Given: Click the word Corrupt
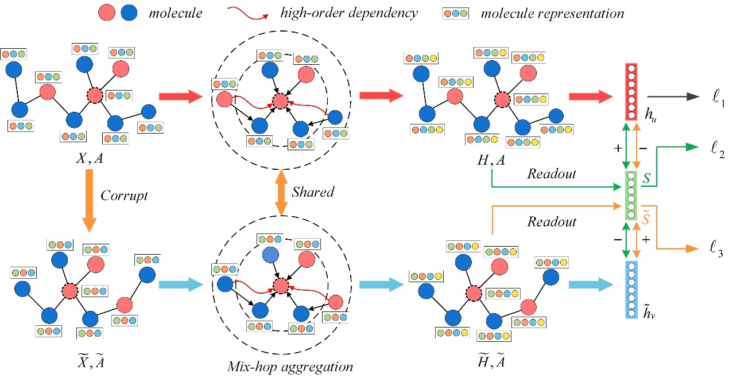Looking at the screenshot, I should click(x=125, y=196).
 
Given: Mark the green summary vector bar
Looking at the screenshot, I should click(x=631, y=195).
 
